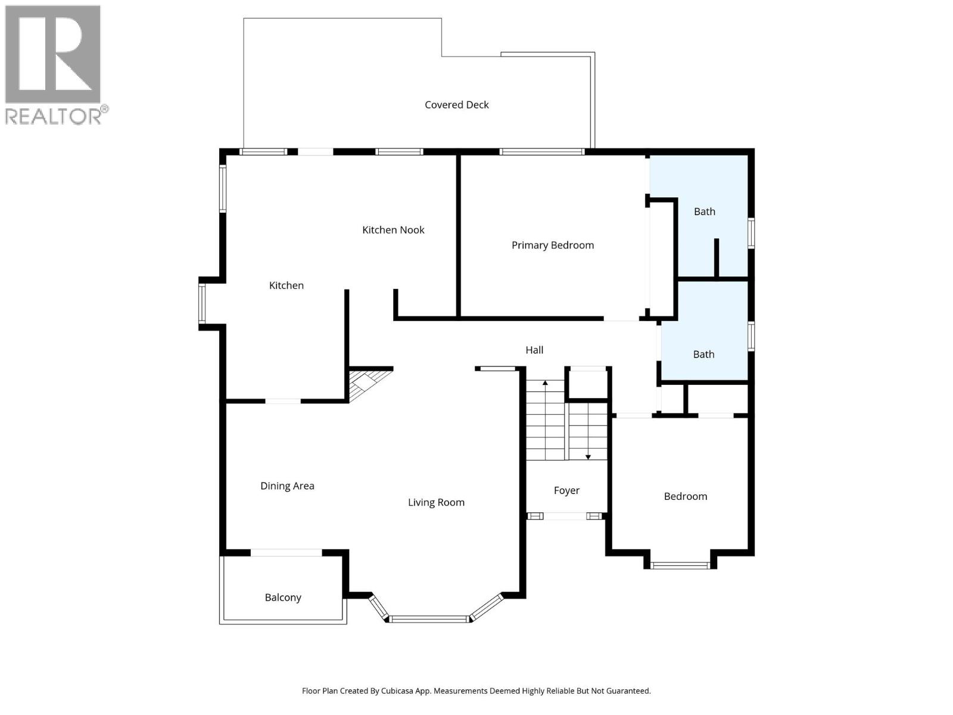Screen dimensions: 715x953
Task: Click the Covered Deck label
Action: coord(456,105)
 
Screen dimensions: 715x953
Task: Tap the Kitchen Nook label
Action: coord(393,230)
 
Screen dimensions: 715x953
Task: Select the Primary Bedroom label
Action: coord(552,245)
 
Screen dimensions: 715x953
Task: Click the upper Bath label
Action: coord(704,212)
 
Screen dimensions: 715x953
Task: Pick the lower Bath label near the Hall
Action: coord(703,355)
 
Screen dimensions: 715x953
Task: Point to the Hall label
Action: coord(534,350)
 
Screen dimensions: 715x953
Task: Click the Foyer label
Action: coord(566,490)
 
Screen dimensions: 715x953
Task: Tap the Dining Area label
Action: coord(287,486)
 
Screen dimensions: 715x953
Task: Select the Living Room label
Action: coord(436,503)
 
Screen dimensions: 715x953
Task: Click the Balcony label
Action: coord(283,598)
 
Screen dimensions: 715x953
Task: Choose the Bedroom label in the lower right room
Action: coord(685,496)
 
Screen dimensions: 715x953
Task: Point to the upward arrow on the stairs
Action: coord(545,383)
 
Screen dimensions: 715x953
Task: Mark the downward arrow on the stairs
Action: coord(588,456)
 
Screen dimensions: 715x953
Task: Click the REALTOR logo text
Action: coord(54,116)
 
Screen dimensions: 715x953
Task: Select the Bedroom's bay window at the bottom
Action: coord(680,565)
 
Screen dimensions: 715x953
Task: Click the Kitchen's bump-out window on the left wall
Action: coord(202,303)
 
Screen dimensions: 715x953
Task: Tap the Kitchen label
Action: coord(286,286)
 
